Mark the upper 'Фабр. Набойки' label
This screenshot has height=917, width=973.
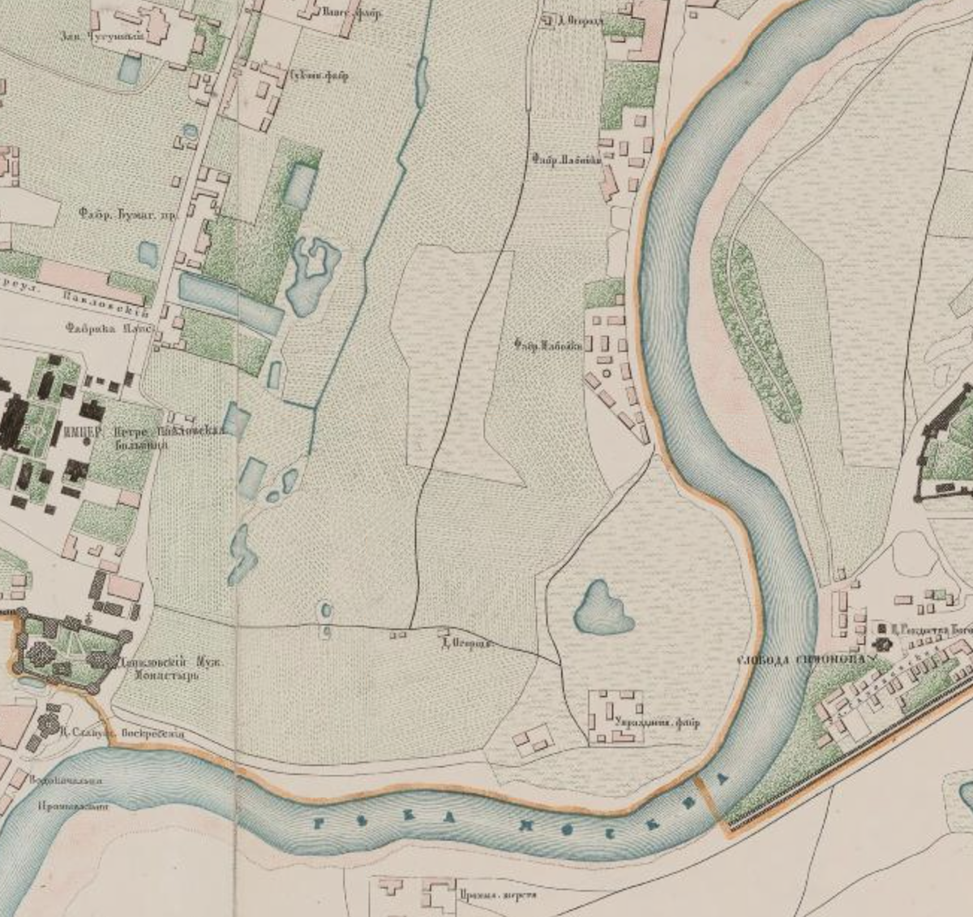point(566,161)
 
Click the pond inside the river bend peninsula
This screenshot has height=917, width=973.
point(602,609)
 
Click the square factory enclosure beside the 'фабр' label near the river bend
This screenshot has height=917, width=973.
point(615,717)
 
